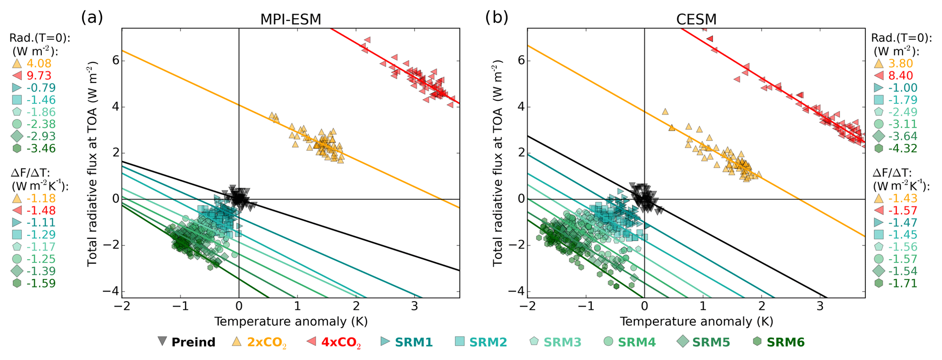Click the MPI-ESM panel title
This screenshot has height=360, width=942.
click(291, 19)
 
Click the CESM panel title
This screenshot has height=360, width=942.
click(696, 19)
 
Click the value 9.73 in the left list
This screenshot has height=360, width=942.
click(39, 76)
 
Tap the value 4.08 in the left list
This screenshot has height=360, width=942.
click(39, 63)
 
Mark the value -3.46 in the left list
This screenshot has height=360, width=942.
click(41, 148)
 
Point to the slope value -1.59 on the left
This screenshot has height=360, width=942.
click(41, 283)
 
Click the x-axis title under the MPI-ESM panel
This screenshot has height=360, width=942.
click(291, 322)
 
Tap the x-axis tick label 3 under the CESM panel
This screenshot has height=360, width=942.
click(820, 306)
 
